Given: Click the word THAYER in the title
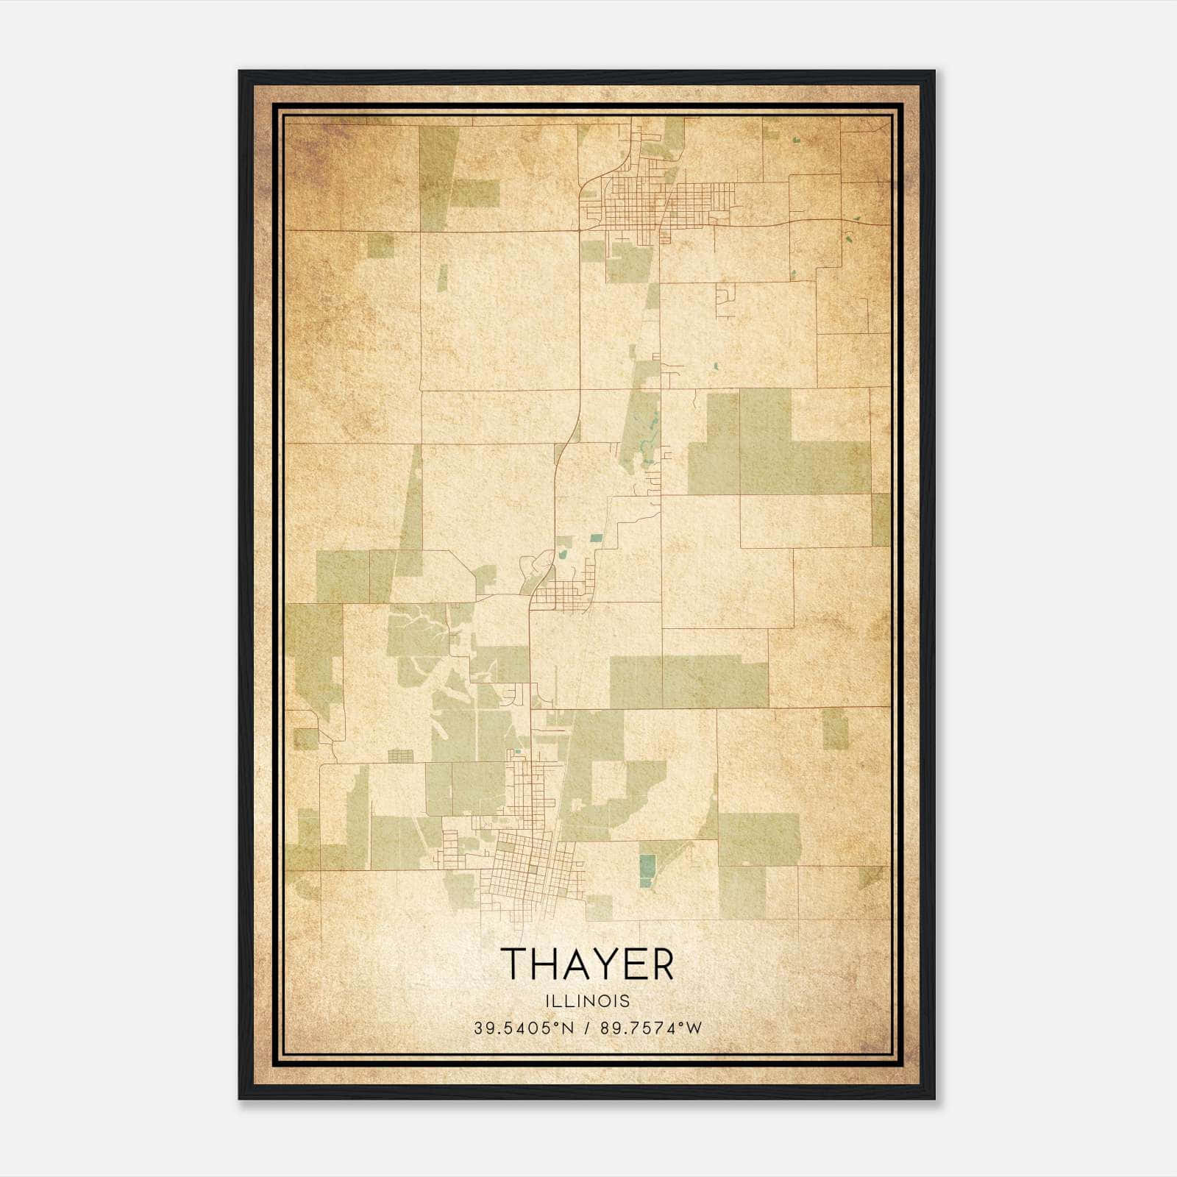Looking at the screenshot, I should (587, 964).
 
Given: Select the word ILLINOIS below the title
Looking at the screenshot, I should (587, 1001).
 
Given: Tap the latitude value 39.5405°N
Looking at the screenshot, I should (523, 1028).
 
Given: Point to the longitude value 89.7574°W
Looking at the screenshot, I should (651, 1028).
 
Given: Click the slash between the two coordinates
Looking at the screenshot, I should (587, 1028).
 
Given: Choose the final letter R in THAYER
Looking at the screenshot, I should (661, 964).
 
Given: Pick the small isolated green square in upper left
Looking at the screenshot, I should (380, 245).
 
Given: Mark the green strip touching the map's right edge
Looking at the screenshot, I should (881, 519).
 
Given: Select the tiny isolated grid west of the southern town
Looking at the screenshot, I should (401, 755).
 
